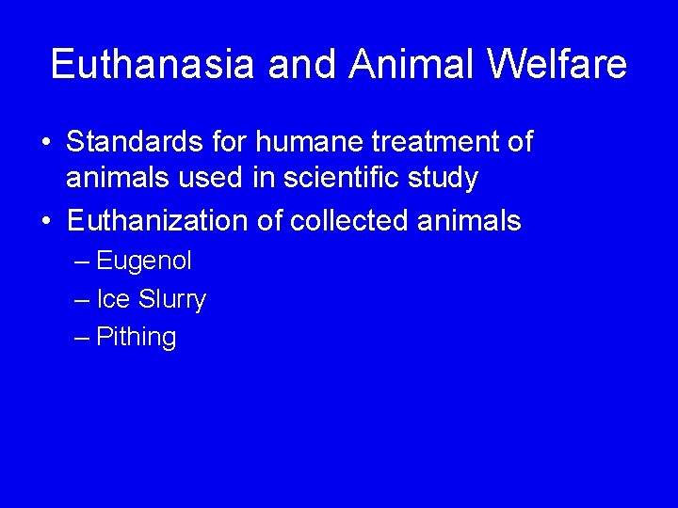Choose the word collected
(x=349, y=221)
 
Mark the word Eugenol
(x=143, y=261)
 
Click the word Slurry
(x=171, y=299)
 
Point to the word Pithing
(x=136, y=338)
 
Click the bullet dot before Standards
(x=46, y=144)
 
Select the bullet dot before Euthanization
(x=46, y=222)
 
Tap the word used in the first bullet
(x=188, y=177)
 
